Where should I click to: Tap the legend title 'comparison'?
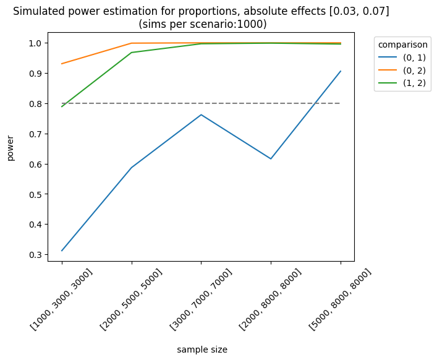coord(403,45)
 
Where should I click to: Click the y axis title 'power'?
coord(11,148)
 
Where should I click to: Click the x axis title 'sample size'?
coord(202,349)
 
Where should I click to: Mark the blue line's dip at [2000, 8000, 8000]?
coord(271,159)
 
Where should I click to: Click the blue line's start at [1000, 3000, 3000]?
coord(62,251)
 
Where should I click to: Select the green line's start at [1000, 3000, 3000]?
coord(62,106)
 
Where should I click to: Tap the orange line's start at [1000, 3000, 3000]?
coord(62,64)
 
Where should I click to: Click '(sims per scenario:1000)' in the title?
coord(202,25)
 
